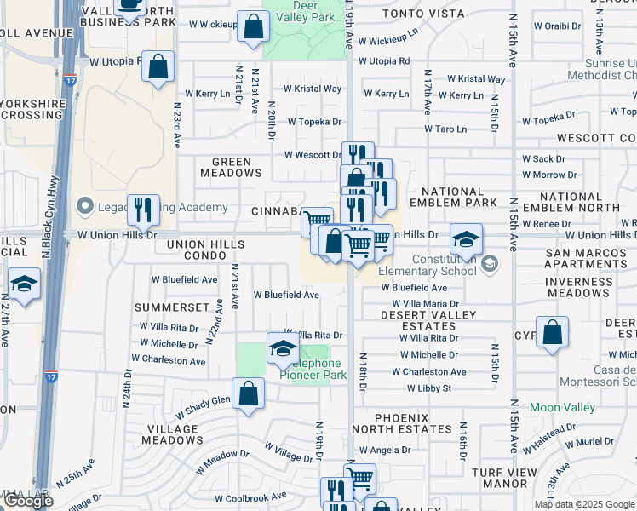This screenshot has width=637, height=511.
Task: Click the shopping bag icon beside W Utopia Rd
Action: tap(158, 66)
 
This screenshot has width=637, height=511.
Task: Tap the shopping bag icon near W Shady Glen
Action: tap(248, 394)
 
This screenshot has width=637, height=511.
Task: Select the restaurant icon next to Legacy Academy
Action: tap(143, 208)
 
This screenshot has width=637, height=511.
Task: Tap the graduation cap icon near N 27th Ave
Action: tap(24, 284)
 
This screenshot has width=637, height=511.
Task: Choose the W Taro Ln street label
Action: tap(446, 129)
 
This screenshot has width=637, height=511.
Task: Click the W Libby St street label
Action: tap(428, 388)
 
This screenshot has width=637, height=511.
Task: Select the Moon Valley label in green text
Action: tap(562, 408)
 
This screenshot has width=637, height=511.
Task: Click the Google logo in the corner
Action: tap(27, 501)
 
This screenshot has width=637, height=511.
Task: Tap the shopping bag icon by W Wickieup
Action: tap(252, 26)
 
